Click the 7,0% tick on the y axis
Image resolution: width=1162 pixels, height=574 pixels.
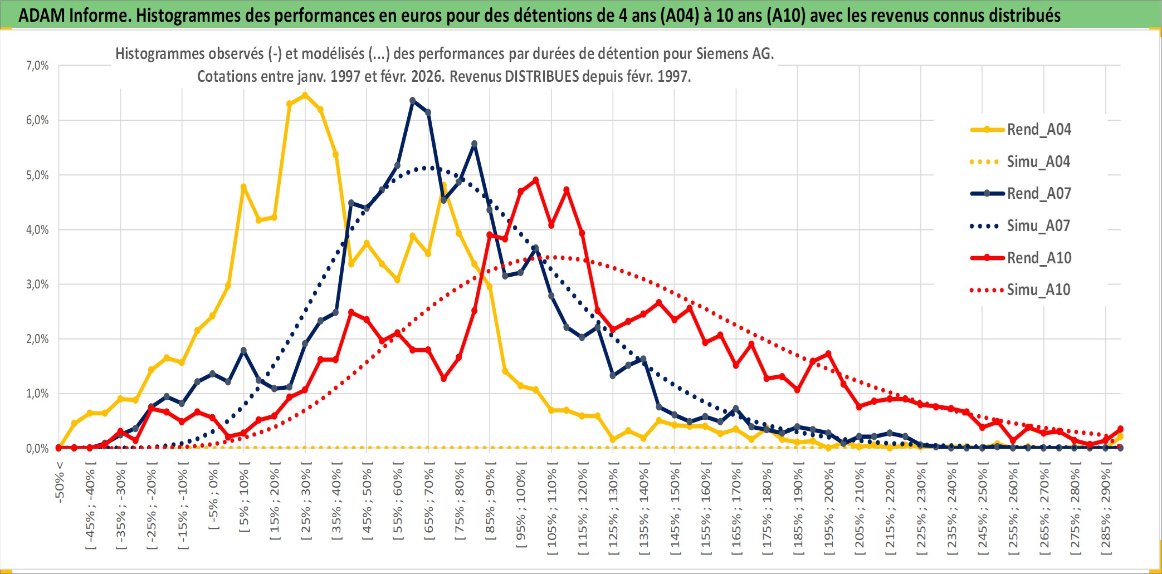coord(37,66)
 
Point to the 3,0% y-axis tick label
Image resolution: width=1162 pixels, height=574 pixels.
coord(37,284)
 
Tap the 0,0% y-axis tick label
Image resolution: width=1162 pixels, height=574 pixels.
coord(37,449)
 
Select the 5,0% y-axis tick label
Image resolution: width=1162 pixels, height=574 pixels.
coord(37,175)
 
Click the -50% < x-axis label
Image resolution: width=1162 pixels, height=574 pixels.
coord(60,482)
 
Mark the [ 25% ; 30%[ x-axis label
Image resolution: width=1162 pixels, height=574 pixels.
coord(306,504)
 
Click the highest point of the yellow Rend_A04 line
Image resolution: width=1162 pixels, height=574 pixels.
coord(305,95)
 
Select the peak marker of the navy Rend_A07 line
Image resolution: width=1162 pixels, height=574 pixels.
coord(413,101)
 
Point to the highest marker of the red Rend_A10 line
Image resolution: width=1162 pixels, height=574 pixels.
coord(536,180)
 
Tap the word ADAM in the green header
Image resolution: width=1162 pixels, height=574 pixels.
coord(41,15)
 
